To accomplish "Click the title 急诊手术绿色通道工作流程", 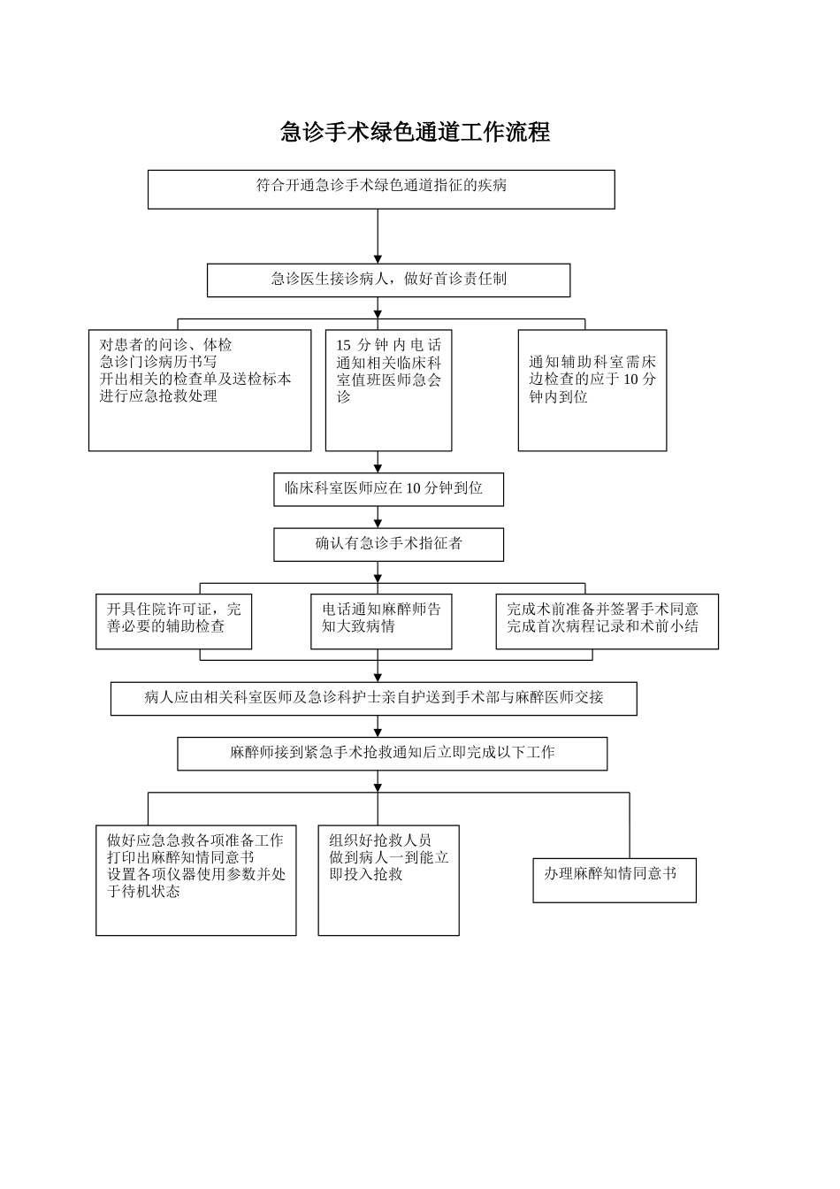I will point(415,133).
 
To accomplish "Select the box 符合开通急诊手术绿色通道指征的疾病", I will point(381,189).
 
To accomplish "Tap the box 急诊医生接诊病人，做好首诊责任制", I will point(388,280).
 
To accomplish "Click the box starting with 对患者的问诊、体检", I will point(200,390).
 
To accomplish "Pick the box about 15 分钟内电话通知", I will point(388,390).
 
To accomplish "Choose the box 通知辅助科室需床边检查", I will point(592,390).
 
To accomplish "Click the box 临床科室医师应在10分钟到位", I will point(388,489).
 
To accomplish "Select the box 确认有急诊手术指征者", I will point(388,544).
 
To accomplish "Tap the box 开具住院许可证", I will point(173,621).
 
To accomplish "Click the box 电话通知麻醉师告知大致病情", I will point(381,621).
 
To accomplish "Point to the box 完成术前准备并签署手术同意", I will point(607,621).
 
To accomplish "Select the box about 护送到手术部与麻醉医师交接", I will point(373,698).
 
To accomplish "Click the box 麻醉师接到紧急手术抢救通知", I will point(392,754).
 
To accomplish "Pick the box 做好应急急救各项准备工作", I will point(195,880).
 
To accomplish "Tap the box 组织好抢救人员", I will point(388,880).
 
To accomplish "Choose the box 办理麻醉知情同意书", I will point(614,879).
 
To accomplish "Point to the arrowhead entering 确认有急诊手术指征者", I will point(378,524).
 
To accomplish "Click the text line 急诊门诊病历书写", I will point(158,362).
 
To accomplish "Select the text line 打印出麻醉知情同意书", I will point(180,857).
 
